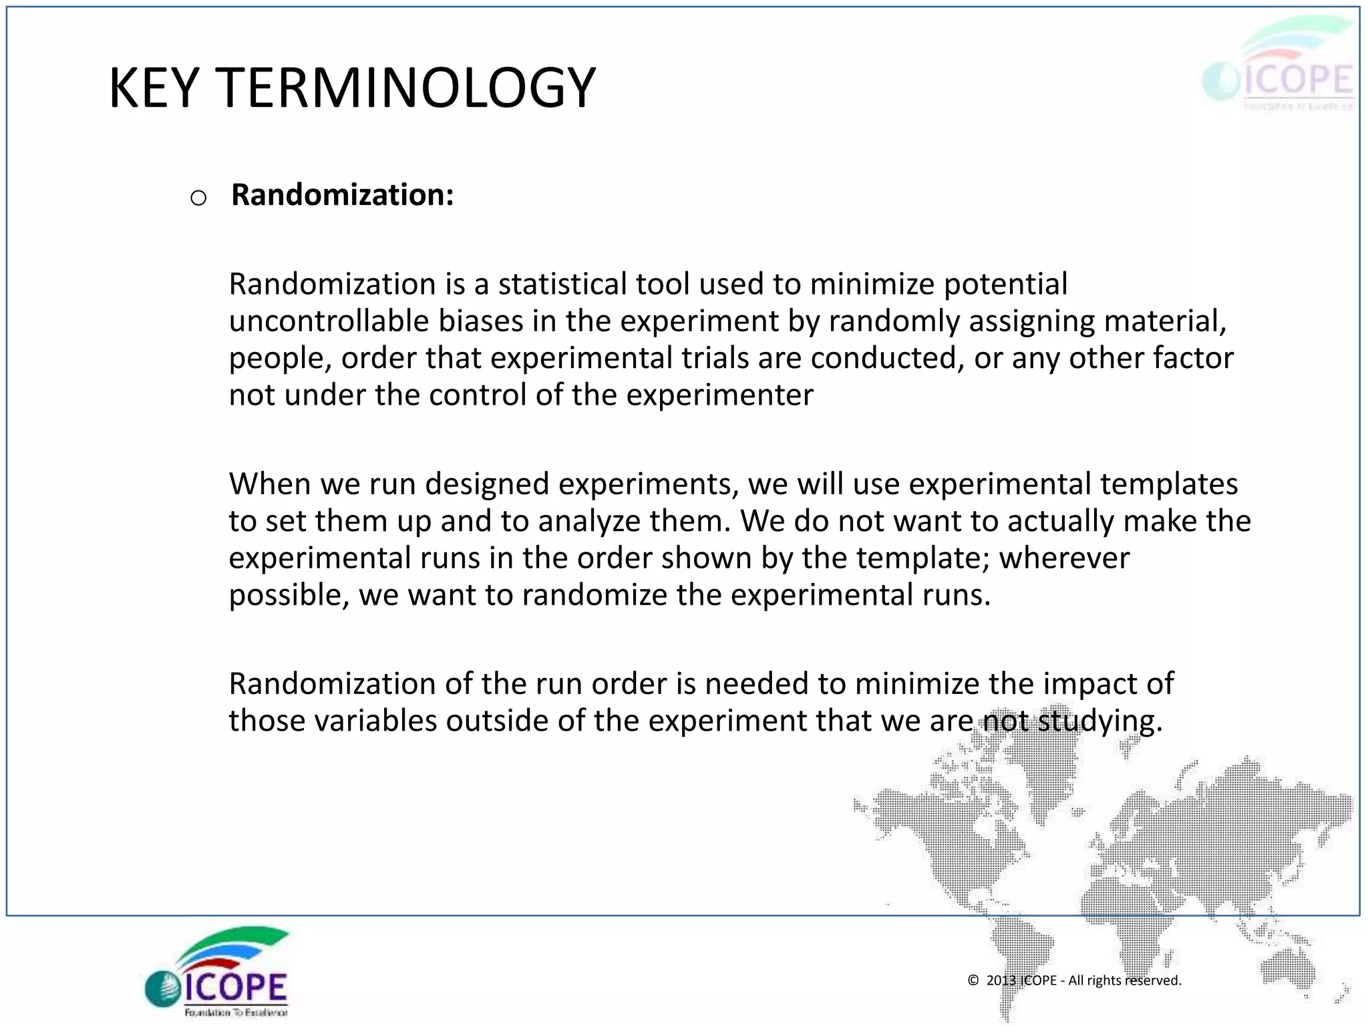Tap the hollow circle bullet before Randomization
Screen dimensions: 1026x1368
click(198, 198)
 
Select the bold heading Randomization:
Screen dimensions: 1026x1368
click(343, 195)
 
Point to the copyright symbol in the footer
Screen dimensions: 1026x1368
click(973, 980)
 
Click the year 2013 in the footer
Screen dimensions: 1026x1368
click(1001, 980)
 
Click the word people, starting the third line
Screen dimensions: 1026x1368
click(280, 359)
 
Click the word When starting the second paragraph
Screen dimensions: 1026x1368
click(271, 484)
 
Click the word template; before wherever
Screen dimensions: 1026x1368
click(922, 558)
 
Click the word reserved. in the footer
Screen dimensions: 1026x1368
click(1153, 980)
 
